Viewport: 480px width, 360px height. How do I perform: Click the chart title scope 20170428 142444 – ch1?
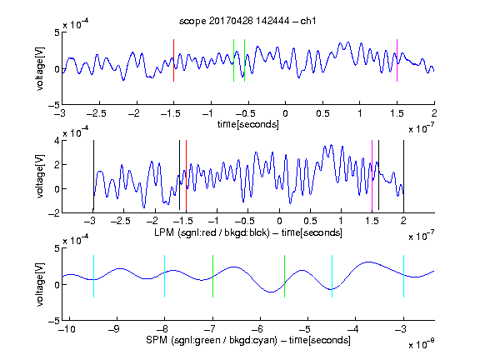(247, 21)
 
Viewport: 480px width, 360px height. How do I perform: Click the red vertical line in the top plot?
(173, 60)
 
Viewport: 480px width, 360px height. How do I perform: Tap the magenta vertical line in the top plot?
(397, 60)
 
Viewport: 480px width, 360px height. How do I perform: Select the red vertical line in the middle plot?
(186, 176)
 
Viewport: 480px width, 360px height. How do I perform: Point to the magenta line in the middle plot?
(372, 176)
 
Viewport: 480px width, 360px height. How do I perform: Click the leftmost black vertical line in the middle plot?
(93, 176)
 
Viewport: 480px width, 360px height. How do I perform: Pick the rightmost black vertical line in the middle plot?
(403, 176)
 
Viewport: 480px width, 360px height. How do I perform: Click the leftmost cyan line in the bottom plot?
(93, 276)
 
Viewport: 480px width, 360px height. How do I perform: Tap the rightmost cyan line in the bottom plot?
(403, 276)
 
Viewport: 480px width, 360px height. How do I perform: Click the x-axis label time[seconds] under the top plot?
(248, 124)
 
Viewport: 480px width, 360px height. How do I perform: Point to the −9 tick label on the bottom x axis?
(114, 329)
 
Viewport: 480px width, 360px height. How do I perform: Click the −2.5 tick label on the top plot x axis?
(97, 113)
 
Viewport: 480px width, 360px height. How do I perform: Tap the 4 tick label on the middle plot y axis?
(57, 141)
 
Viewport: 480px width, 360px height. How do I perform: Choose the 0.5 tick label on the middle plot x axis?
(310, 221)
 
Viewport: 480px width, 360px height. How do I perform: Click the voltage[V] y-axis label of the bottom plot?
(40, 284)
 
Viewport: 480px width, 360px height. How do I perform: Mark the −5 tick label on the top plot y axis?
(54, 105)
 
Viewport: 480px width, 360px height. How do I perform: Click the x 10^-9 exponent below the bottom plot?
(422, 344)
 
